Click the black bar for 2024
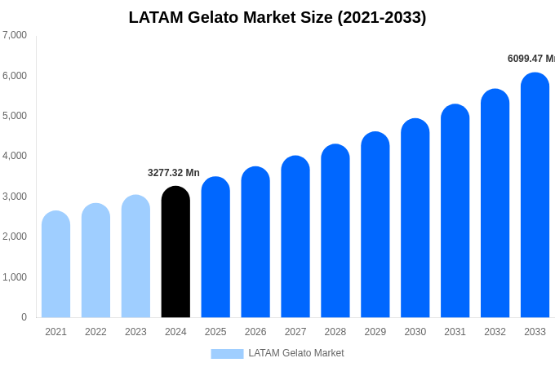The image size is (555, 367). point(175,253)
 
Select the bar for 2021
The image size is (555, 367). point(55,265)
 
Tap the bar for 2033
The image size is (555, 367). point(535,196)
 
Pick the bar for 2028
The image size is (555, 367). point(335,232)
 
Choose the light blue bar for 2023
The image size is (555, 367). point(135,257)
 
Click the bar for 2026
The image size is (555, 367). point(255,243)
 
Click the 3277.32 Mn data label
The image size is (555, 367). point(173,173)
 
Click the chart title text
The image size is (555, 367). point(277,17)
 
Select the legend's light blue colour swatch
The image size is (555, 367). point(227,354)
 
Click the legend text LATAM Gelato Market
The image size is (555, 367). point(296,353)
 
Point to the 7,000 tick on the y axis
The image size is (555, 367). point(15,35)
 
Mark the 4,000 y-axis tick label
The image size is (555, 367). point(15,156)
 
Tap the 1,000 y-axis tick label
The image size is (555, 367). point(15,277)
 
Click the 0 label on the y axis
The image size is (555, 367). point(24,317)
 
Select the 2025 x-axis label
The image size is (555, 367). point(215,332)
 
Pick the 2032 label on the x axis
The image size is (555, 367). point(495,332)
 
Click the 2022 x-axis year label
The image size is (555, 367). point(95,332)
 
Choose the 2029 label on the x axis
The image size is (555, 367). point(375,332)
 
